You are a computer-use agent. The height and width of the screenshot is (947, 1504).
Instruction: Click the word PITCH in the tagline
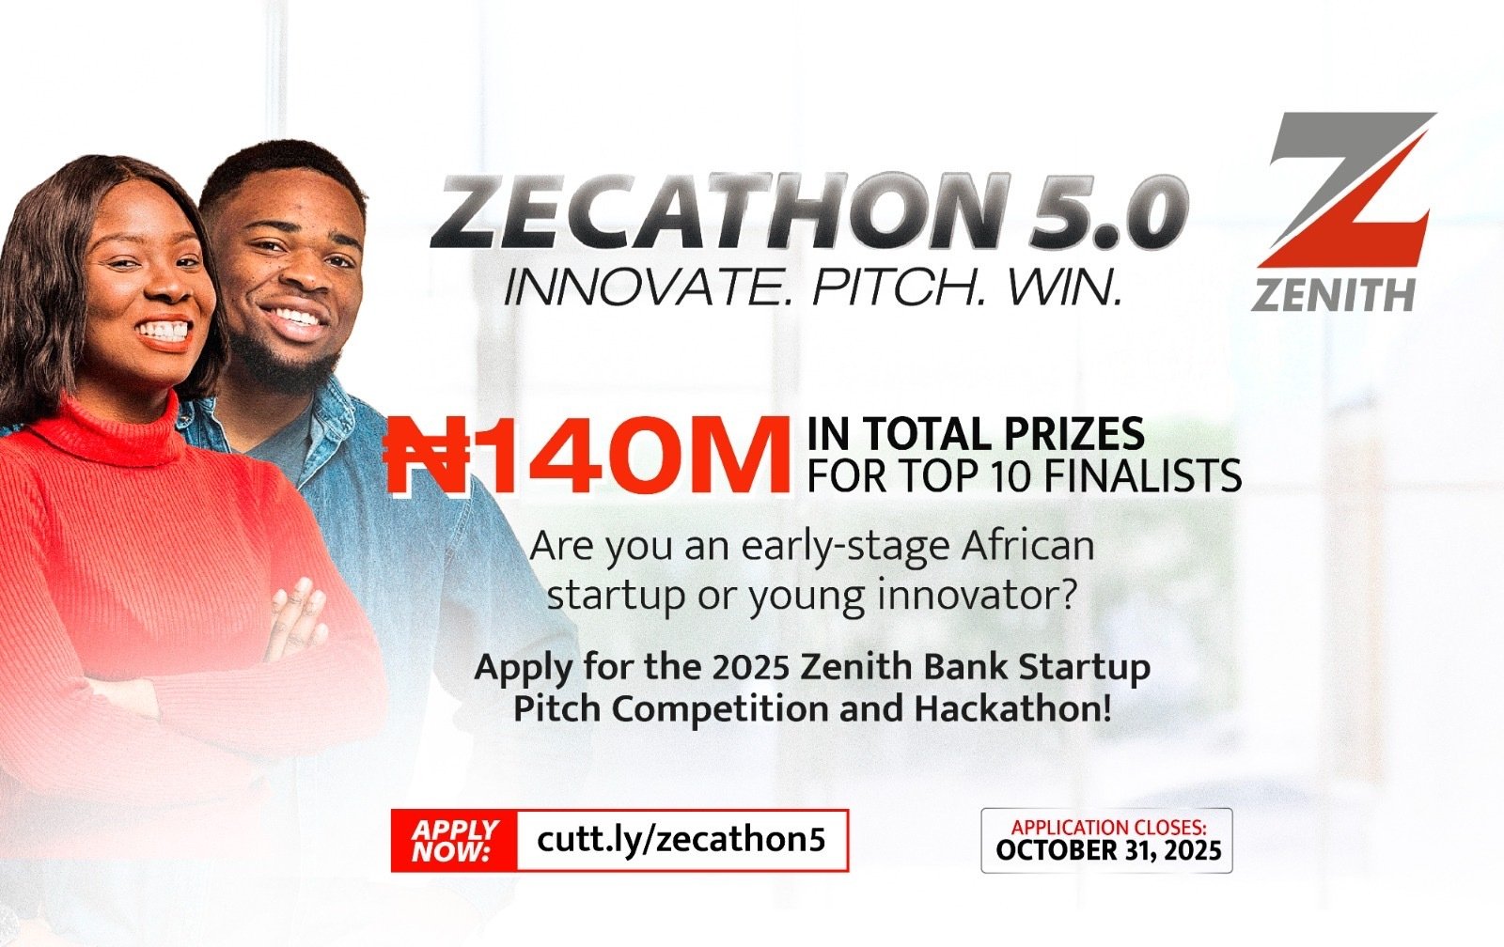tap(898, 287)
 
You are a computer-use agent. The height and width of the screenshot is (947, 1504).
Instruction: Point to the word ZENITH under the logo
tap(1333, 295)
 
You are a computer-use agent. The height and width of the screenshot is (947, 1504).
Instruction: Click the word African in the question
tap(1027, 546)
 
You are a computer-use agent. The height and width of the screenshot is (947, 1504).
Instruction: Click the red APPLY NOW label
tap(455, 840)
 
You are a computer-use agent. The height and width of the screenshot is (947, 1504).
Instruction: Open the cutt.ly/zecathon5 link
tap(681, 840)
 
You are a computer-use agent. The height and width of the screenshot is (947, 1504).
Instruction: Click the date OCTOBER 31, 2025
tap(1108, 850)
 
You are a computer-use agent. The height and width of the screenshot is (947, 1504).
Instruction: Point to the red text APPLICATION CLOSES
tap(1108, 828)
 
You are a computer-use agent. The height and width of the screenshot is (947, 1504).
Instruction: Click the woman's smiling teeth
tap(164, 330)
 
